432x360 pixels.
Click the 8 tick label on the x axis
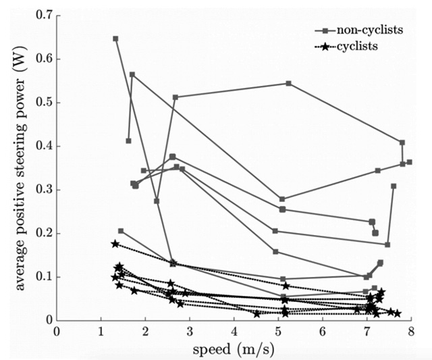410,332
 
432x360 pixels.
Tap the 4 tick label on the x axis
234,332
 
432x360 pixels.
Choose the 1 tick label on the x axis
101,332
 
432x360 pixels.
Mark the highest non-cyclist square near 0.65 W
115,38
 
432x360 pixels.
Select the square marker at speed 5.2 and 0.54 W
288,83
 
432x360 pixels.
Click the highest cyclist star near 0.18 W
115,244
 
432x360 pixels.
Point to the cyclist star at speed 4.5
256,313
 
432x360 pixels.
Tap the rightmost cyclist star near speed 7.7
398,313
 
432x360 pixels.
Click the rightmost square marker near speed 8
409,162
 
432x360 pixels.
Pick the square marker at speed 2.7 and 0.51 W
175,97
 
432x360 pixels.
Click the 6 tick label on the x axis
322,332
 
